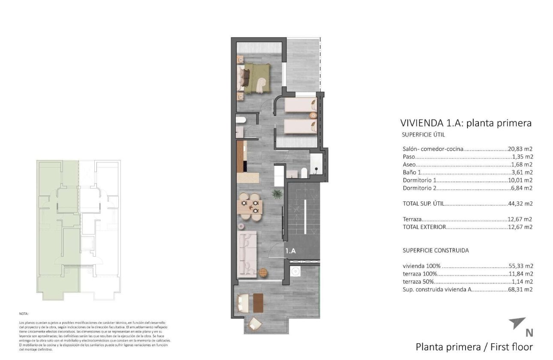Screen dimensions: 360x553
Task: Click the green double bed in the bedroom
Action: click(256, 78)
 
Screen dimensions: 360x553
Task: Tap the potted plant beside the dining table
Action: click(277, 194)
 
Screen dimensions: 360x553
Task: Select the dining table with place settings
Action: click(249, 207)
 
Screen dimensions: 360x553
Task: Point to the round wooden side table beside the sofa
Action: click(262, 272)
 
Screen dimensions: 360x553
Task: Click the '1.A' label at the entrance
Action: click(291, 251)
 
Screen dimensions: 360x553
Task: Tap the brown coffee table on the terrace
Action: click(258, 303)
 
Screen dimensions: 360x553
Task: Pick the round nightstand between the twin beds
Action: click(313, 115)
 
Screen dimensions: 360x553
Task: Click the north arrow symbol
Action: click(517, 323)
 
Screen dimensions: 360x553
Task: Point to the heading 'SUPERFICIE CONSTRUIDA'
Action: click(436, 250)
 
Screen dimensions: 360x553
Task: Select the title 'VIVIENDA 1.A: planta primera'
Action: click(466, 123)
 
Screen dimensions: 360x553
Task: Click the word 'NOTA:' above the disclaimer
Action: click(24, 314)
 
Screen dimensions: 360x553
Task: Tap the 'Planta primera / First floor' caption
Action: click(474, 347)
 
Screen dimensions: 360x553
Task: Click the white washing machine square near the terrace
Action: click(295, 271)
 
